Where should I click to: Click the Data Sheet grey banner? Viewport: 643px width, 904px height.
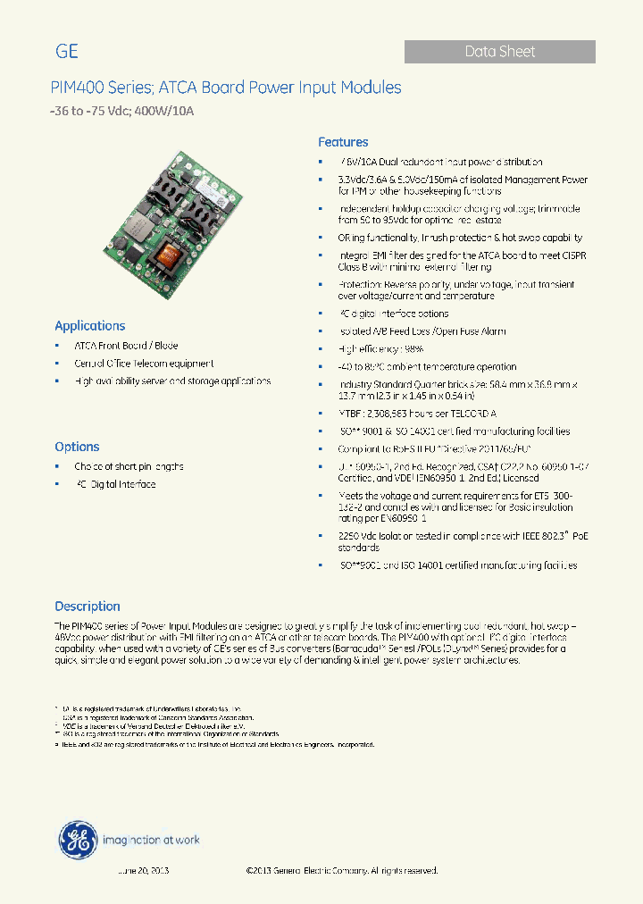coord(499,52)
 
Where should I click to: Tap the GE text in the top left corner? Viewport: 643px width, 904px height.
coord(67,52)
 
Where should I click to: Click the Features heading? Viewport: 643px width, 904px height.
coord(343,142)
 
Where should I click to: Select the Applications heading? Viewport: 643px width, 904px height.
coord(90,326)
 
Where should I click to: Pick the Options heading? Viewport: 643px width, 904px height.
coord(77,447)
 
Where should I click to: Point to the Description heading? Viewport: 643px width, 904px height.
coord(88,606)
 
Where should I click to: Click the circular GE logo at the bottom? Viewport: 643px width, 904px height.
coord(78,841)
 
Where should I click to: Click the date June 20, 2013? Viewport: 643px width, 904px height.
coord(143,870)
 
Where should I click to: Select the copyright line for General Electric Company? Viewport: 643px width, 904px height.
coord(341,870)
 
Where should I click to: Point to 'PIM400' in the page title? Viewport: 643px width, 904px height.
coord(78,88)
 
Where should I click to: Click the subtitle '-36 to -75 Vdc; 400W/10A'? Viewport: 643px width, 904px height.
coord(121,112)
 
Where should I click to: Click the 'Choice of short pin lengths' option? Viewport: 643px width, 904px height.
coord(129,466)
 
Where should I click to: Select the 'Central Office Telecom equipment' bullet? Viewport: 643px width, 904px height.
coord(144,364)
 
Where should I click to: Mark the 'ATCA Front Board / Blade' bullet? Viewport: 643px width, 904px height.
coord(126,346)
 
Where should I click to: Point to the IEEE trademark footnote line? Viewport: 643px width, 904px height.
coord(214,744)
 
